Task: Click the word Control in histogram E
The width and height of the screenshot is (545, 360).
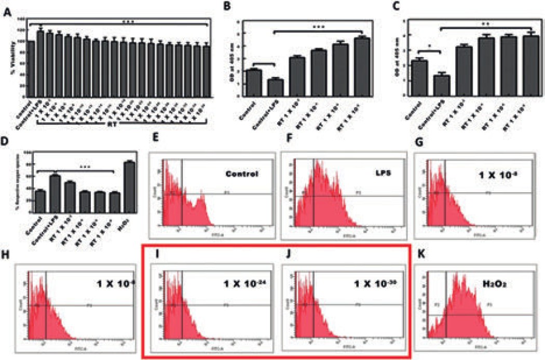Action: [242, 173]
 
